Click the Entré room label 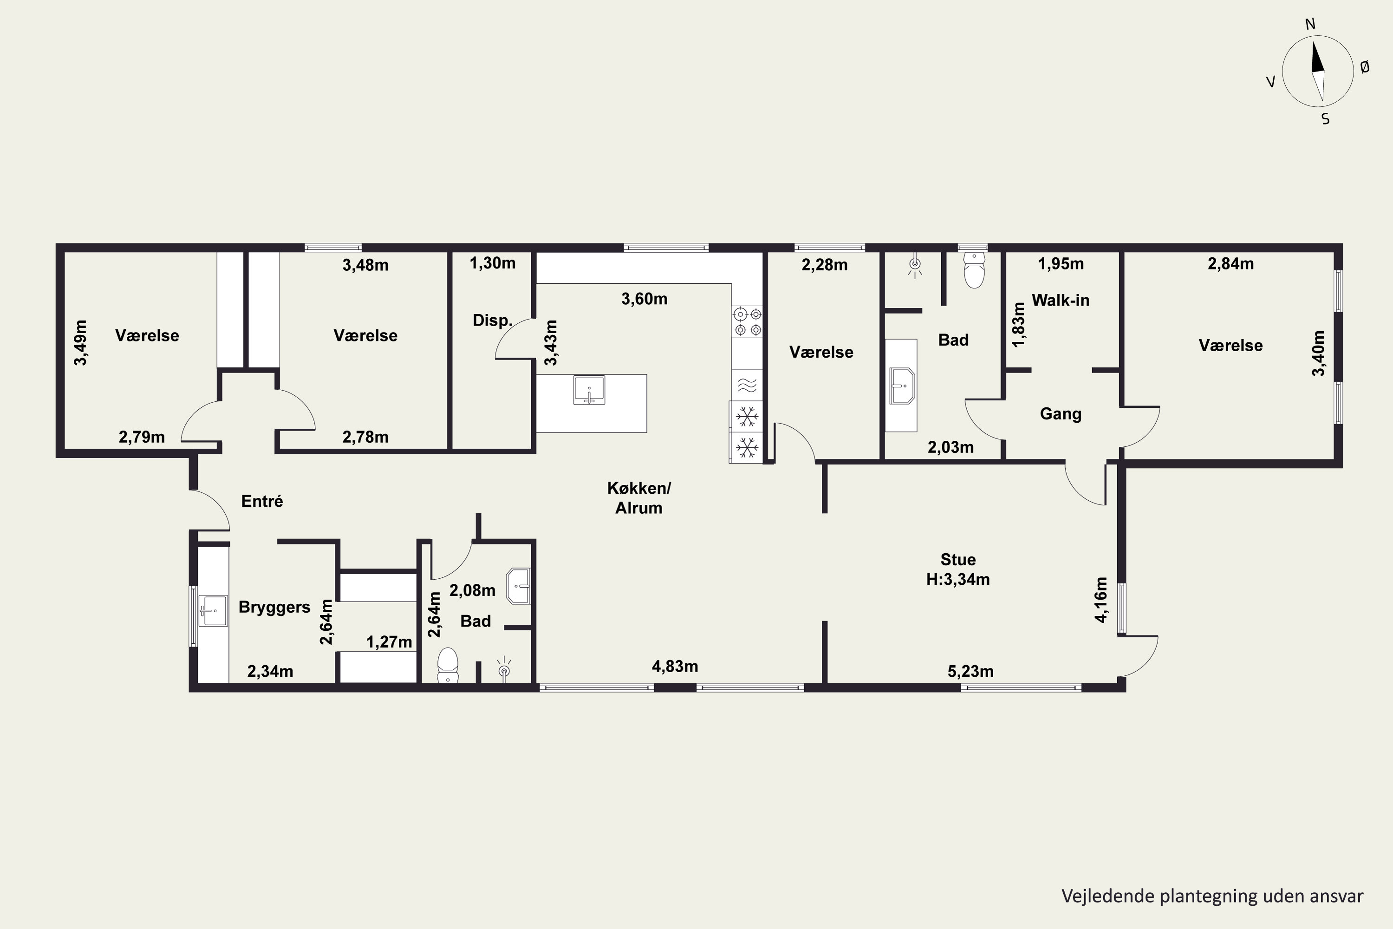[262, 501]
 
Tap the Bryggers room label [274, 607]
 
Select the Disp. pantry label [492, 321]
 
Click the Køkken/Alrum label [638, 497]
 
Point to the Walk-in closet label [1060, 301]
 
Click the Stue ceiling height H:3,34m [957, 579]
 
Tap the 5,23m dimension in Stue [970, 671]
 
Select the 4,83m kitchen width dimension [675, 667]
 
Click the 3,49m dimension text [80, 342]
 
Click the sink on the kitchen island [589, 390]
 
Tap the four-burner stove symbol [748, 321]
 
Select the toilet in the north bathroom [974, 270]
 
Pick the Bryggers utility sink [213, 611]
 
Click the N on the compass [1310, 24]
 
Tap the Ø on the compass [1365, 67]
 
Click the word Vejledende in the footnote [1099, 896]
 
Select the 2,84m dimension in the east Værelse [1231, 264]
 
